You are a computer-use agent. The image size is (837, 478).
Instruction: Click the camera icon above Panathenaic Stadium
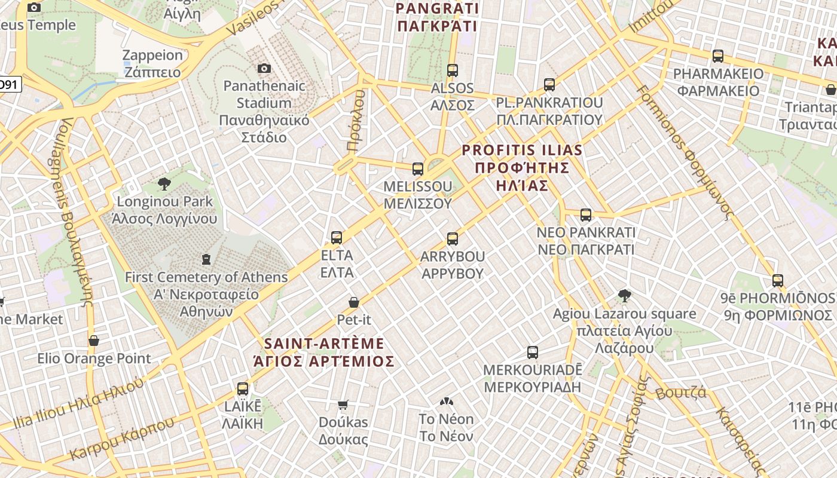(264, 69)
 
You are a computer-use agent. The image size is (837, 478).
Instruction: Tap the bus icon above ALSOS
(453, 71)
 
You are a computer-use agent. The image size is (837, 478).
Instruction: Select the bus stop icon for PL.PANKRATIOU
(549, 85)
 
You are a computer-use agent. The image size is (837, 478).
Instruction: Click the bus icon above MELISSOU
(418, 169)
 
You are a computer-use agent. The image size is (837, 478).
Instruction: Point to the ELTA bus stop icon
(337, 238)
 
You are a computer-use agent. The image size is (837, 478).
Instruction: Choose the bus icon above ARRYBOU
(453, 239)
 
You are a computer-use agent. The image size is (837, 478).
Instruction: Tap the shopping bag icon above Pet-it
(354, 302)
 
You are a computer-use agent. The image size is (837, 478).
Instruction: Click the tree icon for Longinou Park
(164, 183)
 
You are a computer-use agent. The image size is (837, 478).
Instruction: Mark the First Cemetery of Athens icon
(206, 259)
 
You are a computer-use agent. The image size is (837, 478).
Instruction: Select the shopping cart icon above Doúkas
(343, 405)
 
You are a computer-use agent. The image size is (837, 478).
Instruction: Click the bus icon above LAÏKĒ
(243, 389)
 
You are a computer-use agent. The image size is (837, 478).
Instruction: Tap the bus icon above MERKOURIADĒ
(533, 353)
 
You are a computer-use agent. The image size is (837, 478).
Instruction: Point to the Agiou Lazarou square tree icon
(625, 296)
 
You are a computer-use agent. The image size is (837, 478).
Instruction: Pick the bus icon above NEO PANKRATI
(586, 215)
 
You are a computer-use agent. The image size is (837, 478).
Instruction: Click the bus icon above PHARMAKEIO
(718, 56)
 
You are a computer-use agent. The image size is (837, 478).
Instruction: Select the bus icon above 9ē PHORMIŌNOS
(778, 280)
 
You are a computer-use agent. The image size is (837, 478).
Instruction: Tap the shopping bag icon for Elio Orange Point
(94, 341)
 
